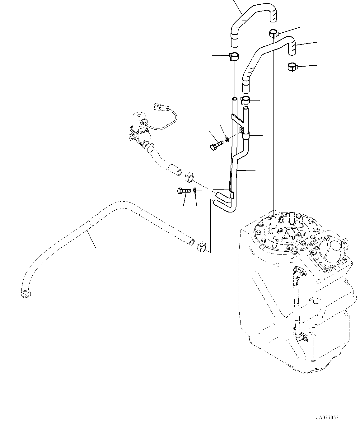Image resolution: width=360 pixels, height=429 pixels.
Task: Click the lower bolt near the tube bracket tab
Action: click(x=184, y=191)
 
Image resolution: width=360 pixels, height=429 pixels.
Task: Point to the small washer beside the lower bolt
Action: click(x=195, y=191)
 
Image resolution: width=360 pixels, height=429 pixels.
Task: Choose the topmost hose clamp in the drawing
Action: click(x=274, y=33)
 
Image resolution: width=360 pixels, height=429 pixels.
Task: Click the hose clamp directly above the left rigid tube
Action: click(x=234, y=56)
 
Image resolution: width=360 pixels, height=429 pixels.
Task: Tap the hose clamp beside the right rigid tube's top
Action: click(x=245, y=100)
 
